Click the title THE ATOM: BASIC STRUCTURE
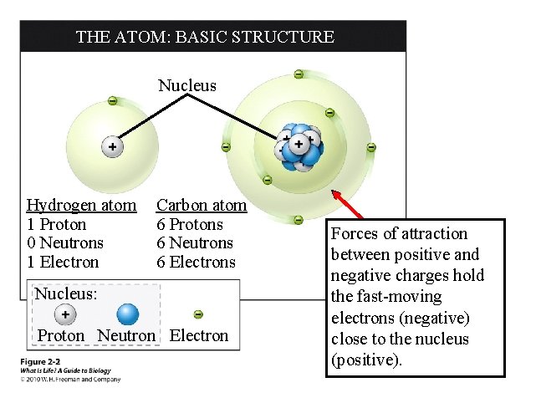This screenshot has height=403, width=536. click(205, 37)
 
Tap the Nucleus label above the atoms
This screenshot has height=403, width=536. click(187, 85)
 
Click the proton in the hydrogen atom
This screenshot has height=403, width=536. click(111, 147)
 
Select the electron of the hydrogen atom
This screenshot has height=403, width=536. click(112, 101)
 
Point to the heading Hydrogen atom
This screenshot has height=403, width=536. click(81, 206)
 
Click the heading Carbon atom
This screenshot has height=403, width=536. click(202, 206)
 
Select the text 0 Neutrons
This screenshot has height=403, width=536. click(65, 243)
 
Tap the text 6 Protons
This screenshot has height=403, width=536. click(190, 225)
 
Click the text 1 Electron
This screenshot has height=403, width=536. click(63, 263)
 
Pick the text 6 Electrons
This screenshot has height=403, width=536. click(196, 263)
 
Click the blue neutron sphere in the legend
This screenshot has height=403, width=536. click(127, 314)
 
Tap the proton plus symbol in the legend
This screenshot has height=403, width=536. click(64, 314)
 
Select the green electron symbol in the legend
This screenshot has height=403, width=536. click(198, 314)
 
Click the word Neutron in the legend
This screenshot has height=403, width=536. click(126, 336)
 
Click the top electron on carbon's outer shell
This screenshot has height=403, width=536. click(299, 74)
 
